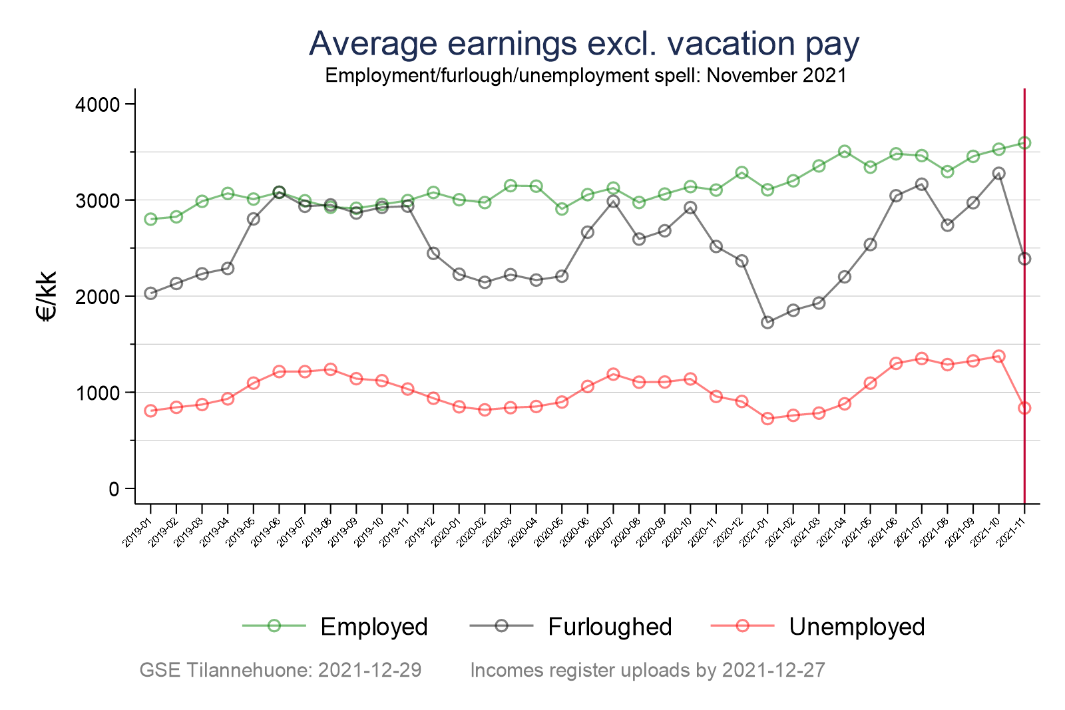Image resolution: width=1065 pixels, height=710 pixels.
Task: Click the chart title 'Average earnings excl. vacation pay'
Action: (584, 44)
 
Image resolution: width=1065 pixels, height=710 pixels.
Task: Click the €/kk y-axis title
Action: (48, 297)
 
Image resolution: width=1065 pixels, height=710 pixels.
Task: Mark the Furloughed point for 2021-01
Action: (767, 323)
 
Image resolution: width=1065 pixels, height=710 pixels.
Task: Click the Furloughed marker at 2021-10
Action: (998, 173)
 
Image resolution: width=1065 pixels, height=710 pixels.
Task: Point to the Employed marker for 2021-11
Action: (1024, 143)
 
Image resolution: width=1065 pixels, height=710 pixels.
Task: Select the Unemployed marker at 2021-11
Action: (1024, 408)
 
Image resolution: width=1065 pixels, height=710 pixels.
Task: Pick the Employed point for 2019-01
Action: (150, 219)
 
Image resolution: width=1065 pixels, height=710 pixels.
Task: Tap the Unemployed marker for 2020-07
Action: (613, 374)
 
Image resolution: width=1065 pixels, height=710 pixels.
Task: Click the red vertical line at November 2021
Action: (1024, 299)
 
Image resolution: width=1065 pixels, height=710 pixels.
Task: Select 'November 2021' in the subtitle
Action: (777, 75)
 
